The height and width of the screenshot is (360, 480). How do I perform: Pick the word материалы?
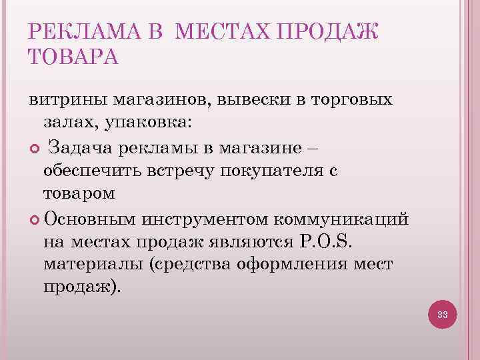coord(94,264)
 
